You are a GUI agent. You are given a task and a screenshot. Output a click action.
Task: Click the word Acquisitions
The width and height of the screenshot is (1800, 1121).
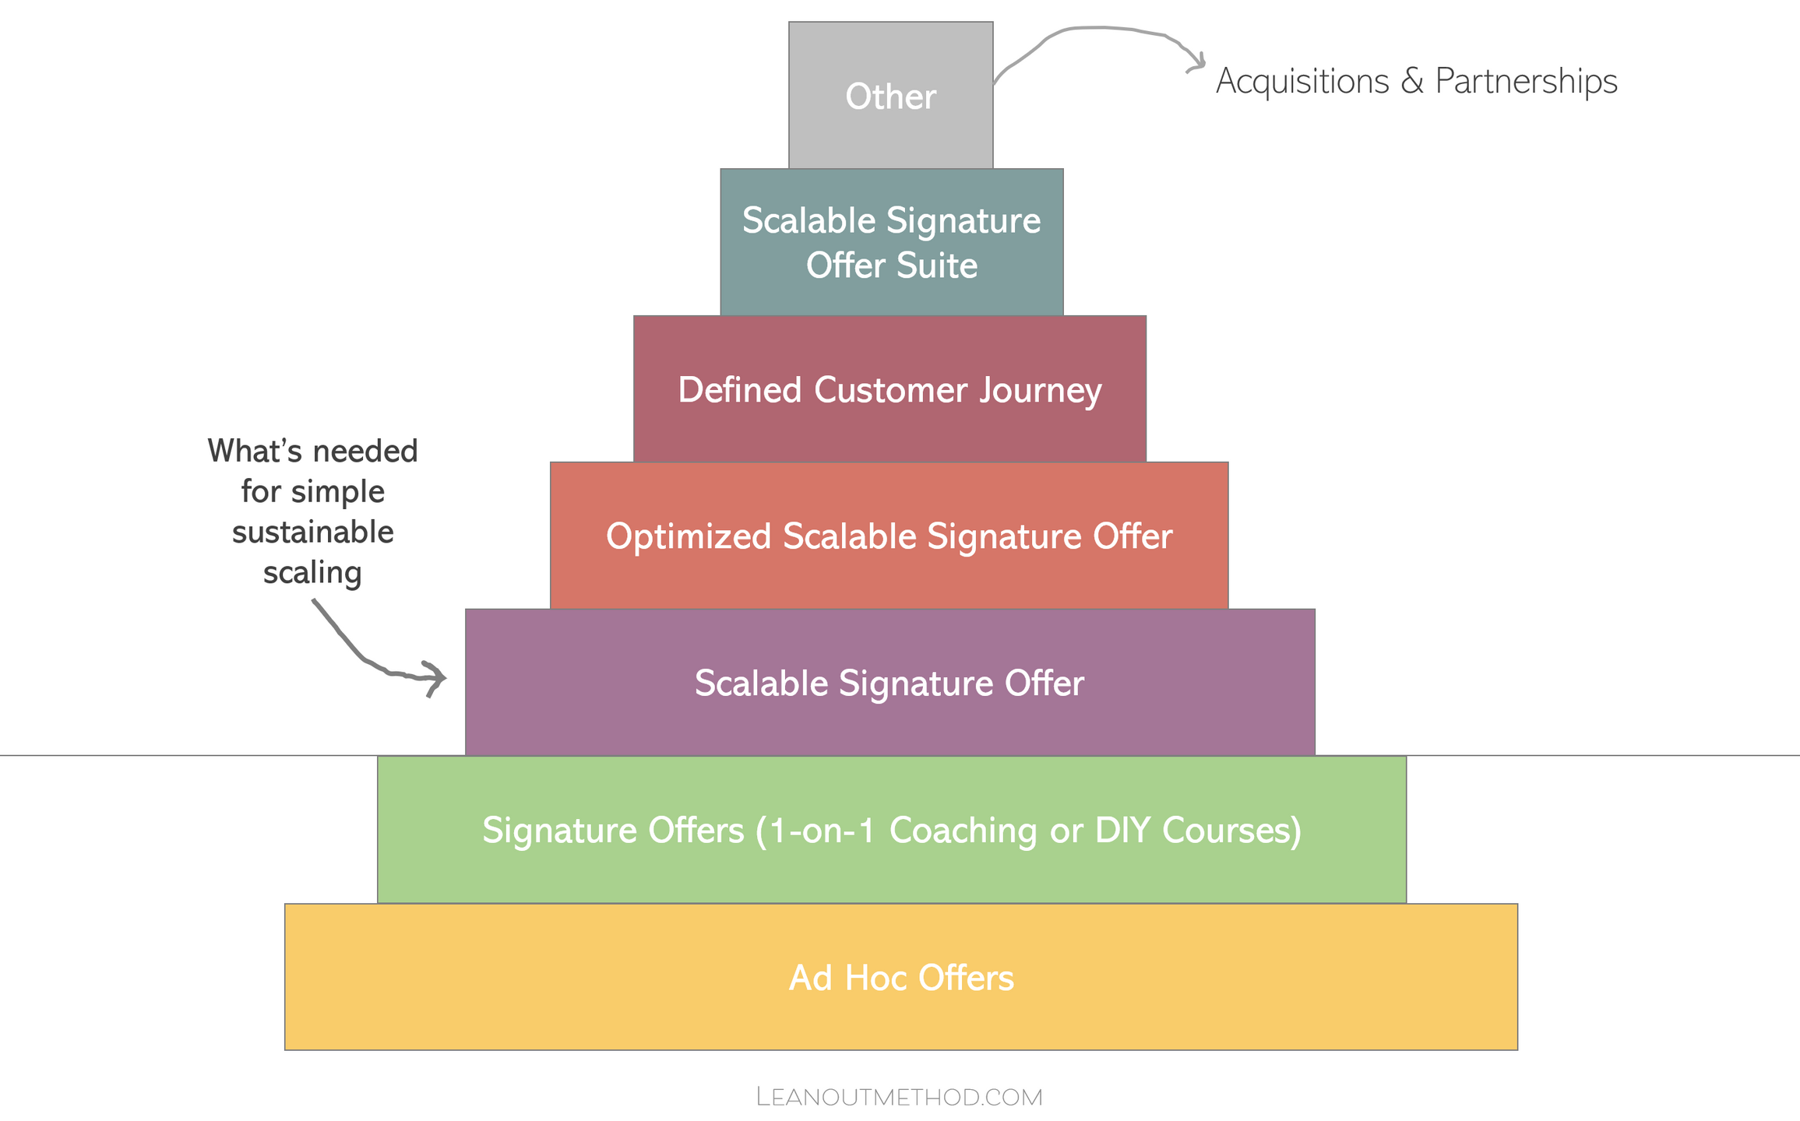(x=1302, y=81)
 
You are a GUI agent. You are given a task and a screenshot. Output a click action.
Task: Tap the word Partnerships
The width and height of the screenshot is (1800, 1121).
(x=1526, y=81)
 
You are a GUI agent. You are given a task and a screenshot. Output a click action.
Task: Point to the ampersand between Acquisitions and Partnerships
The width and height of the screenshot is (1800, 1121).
(x=1412, y=81)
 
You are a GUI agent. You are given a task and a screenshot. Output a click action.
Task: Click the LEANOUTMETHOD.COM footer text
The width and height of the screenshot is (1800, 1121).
(x=899, y=1097)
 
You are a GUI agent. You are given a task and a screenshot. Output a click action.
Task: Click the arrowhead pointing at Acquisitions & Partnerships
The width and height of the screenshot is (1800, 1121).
(x=1198, y=63)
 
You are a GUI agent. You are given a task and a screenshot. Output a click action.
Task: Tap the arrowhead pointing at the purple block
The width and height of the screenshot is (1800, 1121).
(x=436, y=677)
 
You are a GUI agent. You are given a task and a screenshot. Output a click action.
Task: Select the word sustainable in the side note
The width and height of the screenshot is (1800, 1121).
(x=312, y=532)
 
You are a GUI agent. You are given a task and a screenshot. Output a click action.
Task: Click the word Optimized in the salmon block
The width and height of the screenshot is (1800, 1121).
(x=688, y=536)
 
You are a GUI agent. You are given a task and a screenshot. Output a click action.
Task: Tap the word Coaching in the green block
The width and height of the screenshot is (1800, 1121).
(x=963, y=830)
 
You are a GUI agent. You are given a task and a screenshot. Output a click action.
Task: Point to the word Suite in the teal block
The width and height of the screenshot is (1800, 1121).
(x=936, y=265)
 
